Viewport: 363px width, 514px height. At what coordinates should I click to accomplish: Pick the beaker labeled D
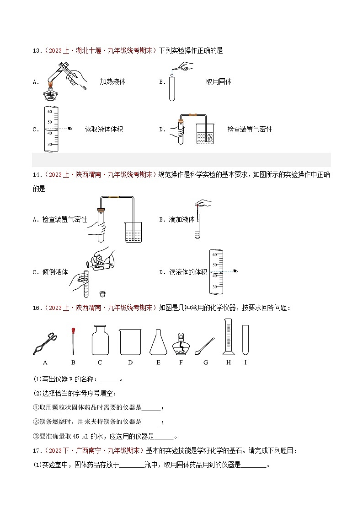pos(130,342)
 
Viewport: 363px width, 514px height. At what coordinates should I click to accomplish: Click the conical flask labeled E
pos(159,342)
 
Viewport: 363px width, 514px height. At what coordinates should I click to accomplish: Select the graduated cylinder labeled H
pos(228,337)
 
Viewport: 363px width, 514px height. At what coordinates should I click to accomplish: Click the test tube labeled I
pos(246,340)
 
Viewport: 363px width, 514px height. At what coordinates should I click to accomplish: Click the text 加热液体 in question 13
pos(112,81)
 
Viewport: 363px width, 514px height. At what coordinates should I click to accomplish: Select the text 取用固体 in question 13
pos(219,81)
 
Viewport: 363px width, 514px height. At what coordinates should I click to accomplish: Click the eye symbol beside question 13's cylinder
pos(70,129)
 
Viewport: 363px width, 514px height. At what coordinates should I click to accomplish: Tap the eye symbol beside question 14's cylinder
pos(235,271)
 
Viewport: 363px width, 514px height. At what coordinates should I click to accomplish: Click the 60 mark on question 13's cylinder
pos(50,112)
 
